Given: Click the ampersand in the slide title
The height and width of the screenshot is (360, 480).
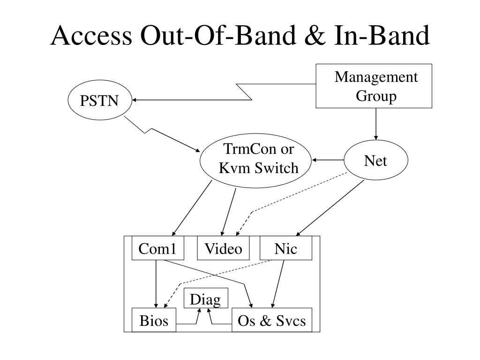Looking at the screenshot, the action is point(315,36).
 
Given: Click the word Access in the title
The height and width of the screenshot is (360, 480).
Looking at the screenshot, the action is point(91,36).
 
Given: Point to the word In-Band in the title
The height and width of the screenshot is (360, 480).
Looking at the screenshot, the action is point(382,36).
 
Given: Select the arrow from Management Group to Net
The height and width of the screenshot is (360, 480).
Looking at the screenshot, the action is point(376,124).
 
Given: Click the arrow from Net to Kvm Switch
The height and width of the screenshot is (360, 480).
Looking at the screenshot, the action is point(328,160).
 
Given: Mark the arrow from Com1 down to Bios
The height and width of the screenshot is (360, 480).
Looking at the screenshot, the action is point(156,284).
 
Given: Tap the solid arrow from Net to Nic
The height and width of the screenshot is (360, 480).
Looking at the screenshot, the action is point(330,208).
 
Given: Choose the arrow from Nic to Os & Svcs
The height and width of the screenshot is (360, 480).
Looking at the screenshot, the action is point(278,284).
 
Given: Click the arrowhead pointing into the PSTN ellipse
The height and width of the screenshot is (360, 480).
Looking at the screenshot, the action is point(134,100).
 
